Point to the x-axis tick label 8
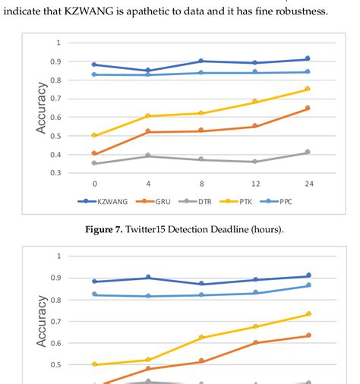pos(201,184)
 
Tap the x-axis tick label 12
pos(254,184)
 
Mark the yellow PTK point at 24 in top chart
pos(307,89)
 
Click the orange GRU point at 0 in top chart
pos(94,153)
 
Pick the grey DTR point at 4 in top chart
pos(147,156)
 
